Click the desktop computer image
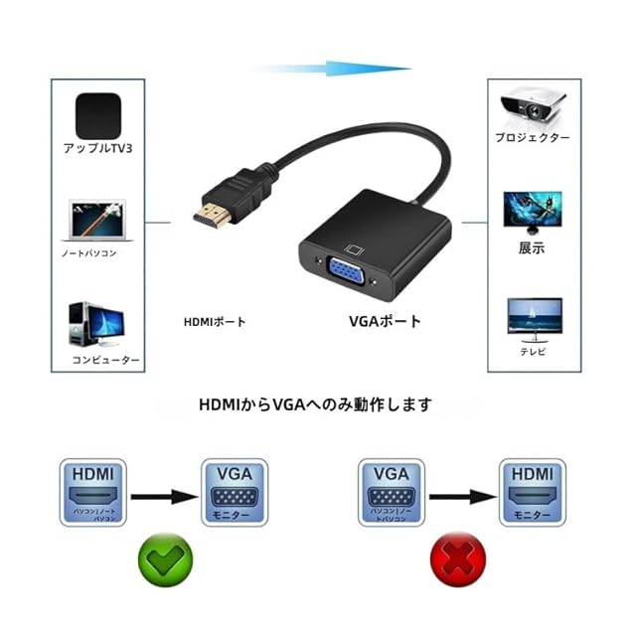point(96,324)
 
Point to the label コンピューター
point(104,360)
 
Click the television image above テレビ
point(534,319)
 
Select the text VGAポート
point(385,321)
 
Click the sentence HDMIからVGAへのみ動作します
point(316,404)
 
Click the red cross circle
point(456,557)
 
